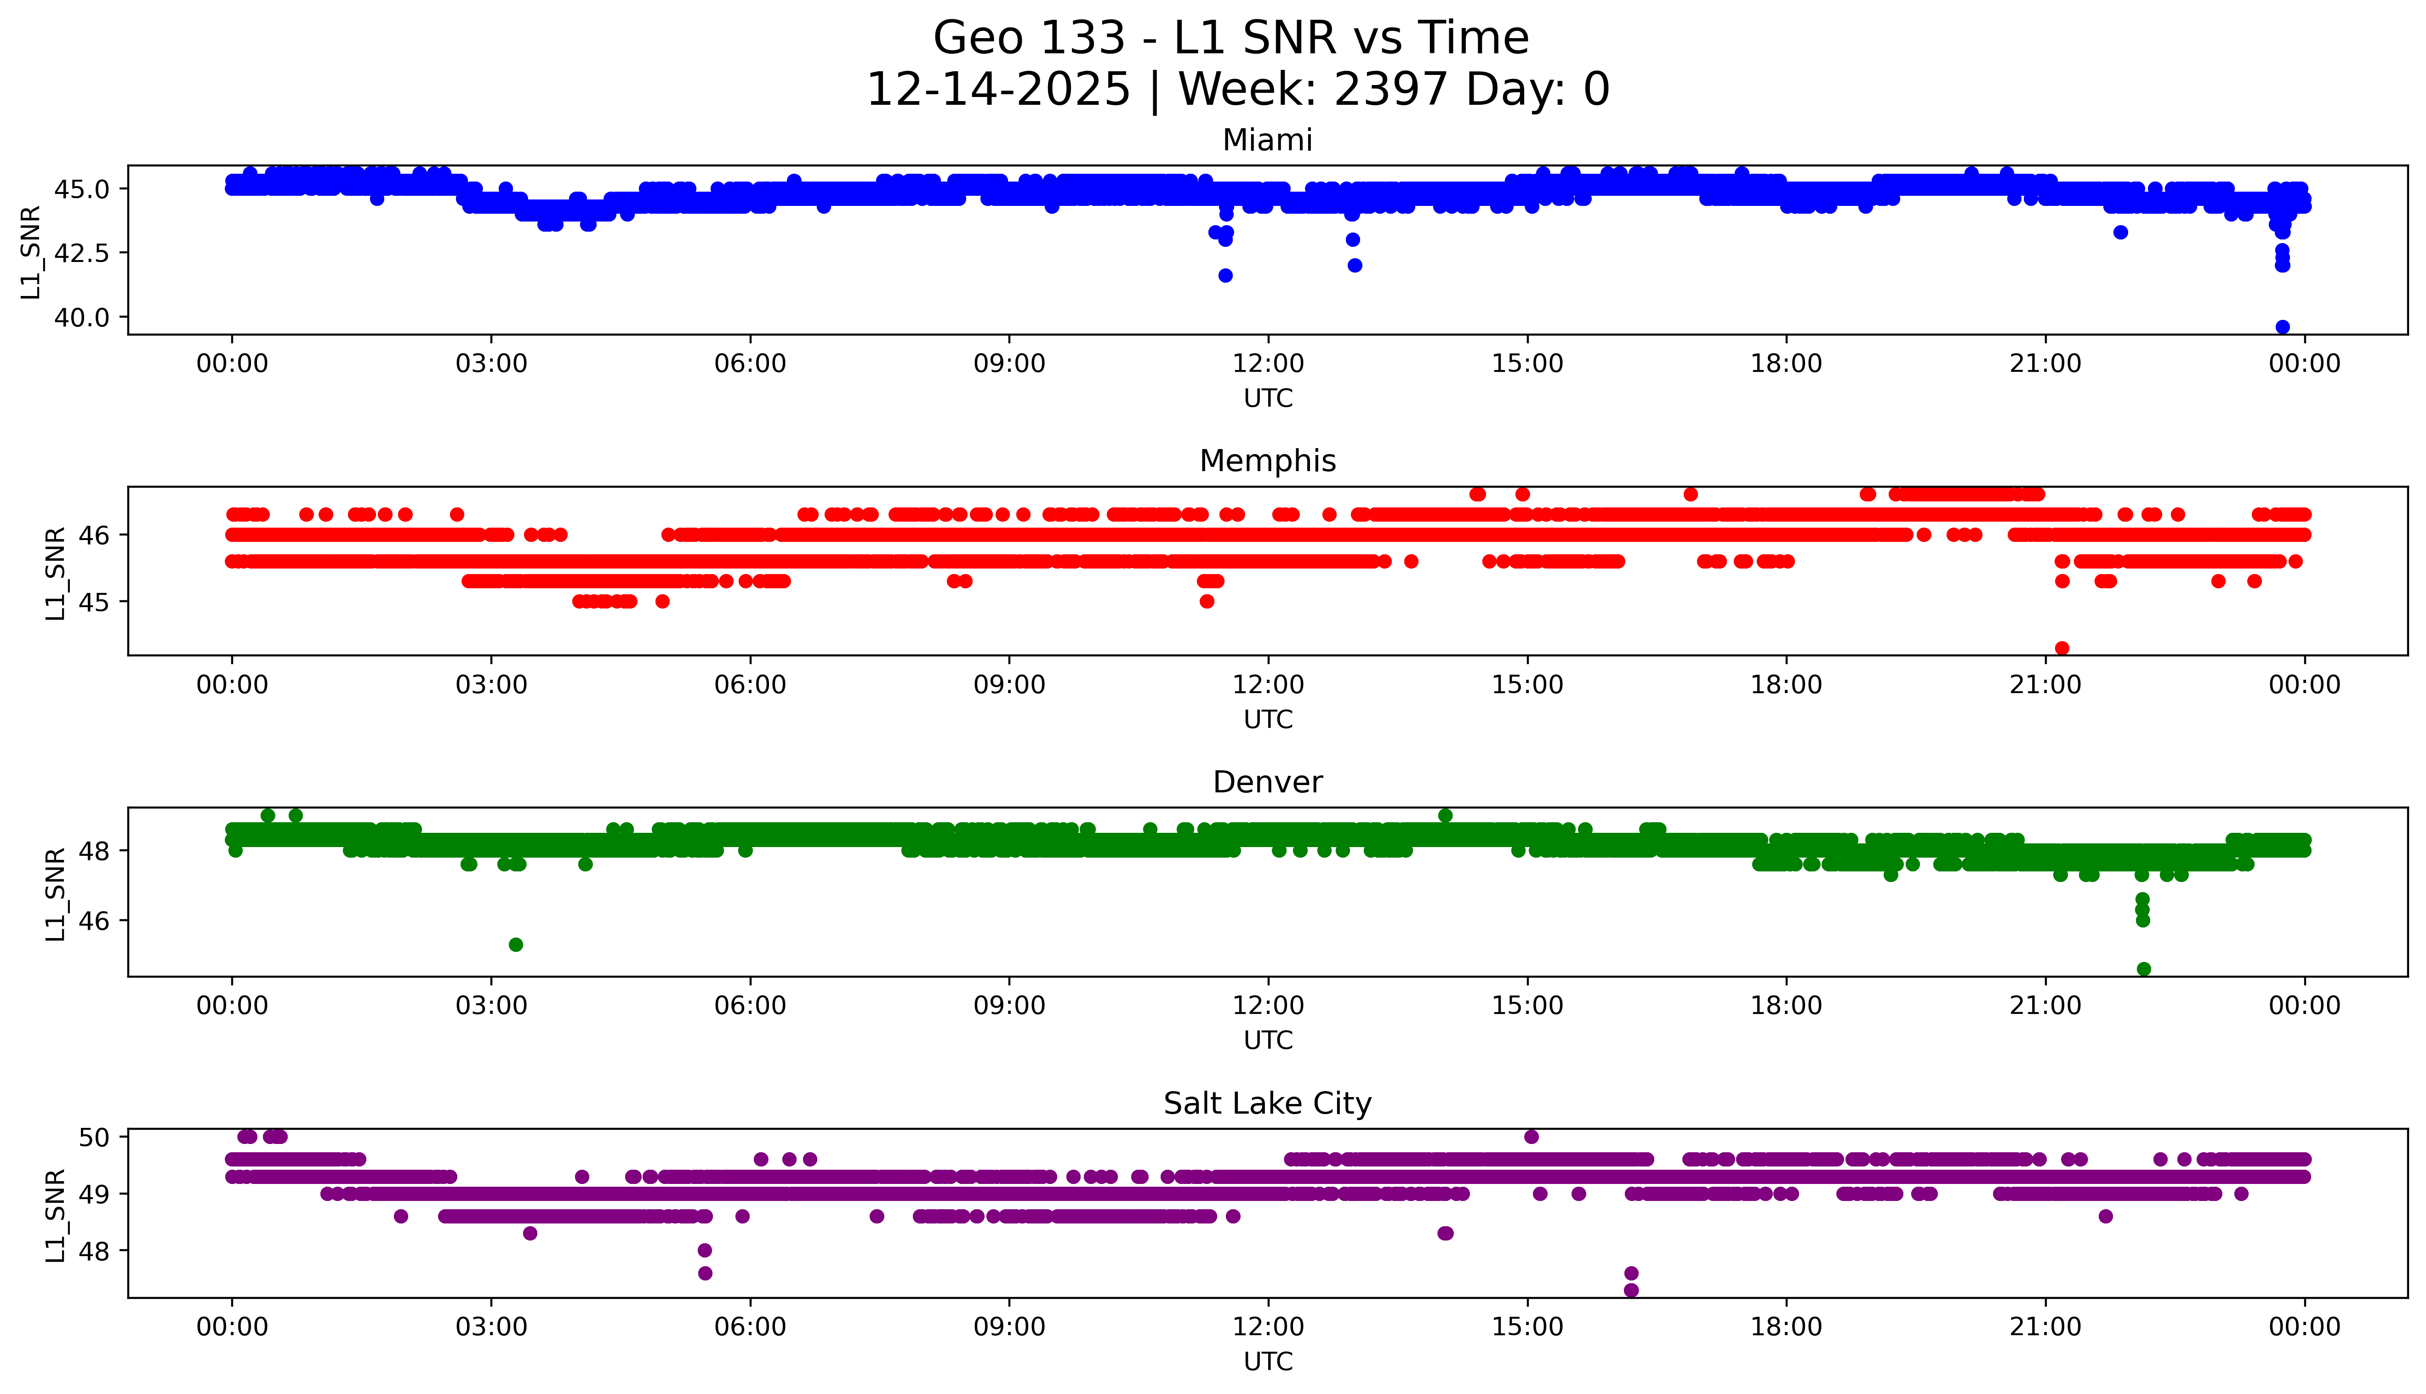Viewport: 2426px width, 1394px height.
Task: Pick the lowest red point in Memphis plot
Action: (x=2062, y=648)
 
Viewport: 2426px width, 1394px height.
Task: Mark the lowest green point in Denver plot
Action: (x=2144, y=969)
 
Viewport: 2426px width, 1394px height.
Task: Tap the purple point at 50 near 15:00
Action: (x=1531, y=1137)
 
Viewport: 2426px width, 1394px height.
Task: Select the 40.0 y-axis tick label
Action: (x=81, y=317)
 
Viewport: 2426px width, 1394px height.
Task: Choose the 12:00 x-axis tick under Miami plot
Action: (x=1268, y=364)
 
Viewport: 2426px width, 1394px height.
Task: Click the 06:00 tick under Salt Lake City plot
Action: (x=750, y=1327)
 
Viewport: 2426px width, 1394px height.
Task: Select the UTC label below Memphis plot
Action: (x=1268, y=719)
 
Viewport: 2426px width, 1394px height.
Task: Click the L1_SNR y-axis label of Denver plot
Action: (x=56, y=893)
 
